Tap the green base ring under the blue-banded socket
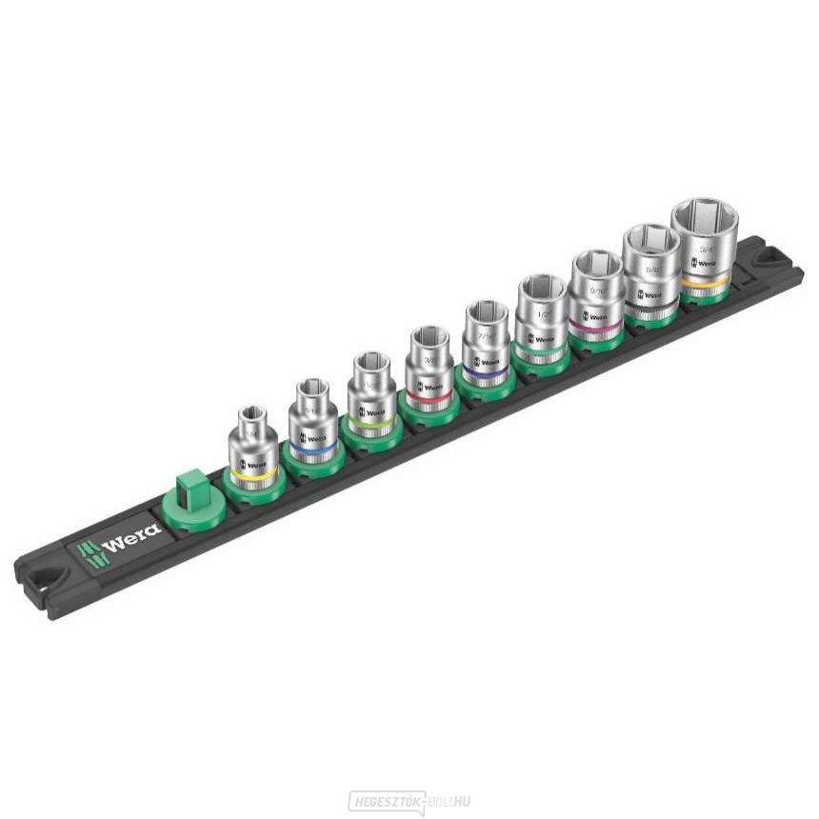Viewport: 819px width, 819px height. coord(311,462)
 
